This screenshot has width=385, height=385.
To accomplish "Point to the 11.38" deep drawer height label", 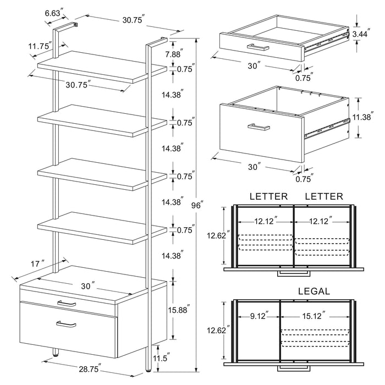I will pyautogui.click(x=362, y=117).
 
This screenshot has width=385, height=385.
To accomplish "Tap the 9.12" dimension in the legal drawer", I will pyautogui.click(x=257, y=316).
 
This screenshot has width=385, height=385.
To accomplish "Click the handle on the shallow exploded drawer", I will pyautogui.click(x=257, y=46).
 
